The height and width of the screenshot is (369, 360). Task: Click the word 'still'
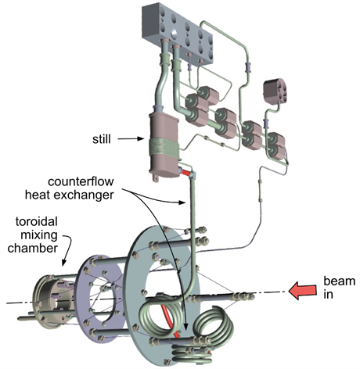coord(102,139)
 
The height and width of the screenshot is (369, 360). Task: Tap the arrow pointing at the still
coord(131,139)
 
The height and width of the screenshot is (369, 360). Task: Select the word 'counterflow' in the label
coord(81,181)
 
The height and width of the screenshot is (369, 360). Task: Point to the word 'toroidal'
coord(36,221)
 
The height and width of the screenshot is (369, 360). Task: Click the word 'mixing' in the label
coord(39,235)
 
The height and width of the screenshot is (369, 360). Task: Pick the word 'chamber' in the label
coord(32,248)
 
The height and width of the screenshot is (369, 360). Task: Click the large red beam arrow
coord(303,292)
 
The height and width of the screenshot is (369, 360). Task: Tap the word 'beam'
coord(340,281)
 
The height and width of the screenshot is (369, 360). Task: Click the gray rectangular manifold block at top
coord(178,33)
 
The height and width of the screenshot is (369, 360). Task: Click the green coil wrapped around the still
coord(164,148)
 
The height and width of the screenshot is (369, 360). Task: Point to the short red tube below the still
coord(186,173)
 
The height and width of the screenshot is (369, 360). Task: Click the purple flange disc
coord(101,297)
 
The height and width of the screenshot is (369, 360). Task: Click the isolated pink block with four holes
coord(275,91)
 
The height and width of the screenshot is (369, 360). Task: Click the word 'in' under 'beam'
coord(328,294)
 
